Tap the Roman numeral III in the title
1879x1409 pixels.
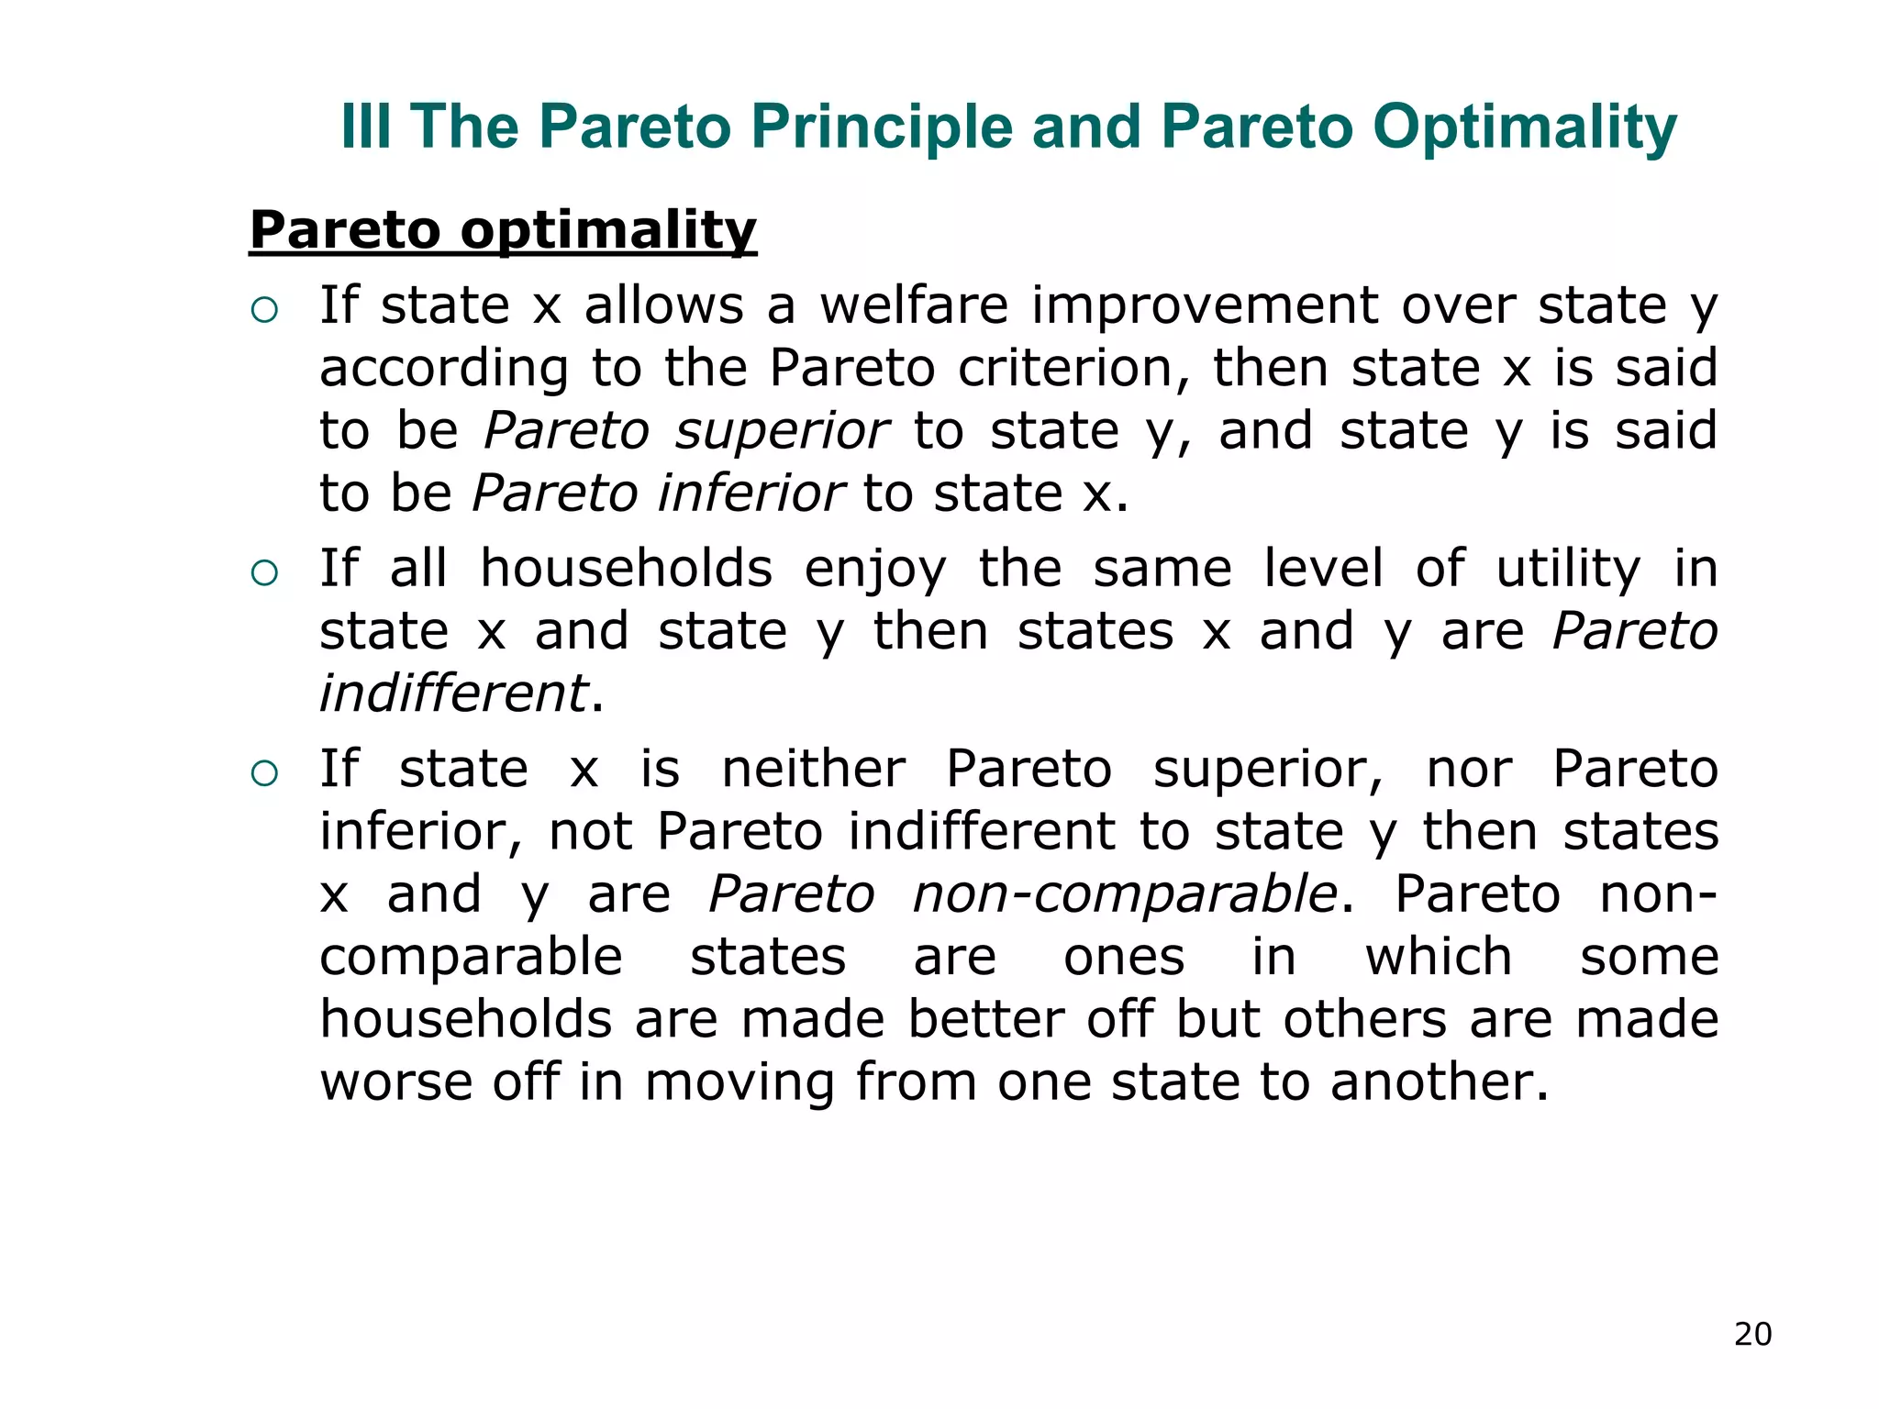click(365, 127)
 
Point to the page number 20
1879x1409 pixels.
click(1752, 1334)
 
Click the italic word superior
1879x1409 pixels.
click(781, 431)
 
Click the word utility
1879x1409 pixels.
click(1568, 569)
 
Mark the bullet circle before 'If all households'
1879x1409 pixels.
click(264, 573)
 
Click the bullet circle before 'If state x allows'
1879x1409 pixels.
click(264, 310)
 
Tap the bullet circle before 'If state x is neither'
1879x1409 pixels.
click(264, 773)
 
